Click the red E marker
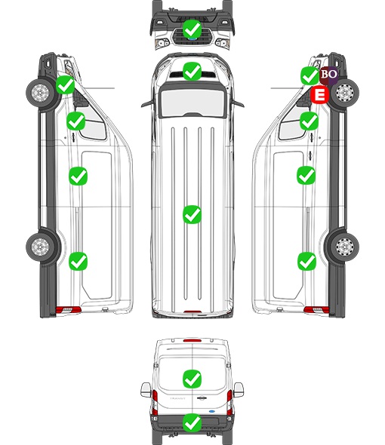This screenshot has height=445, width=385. [x=319, y=94]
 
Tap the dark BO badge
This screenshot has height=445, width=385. [x=328, y=75]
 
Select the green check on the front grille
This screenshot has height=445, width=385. [x=192, y=29]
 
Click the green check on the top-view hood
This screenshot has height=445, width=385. [x=192, y=71]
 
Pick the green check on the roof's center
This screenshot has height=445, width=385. [x=192, y=214]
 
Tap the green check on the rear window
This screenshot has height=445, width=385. [x=192, y=379]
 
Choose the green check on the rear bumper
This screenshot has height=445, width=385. [x=192, y=422]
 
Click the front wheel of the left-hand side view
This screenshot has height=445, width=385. [x=40, y=93]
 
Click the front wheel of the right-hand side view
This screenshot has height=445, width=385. [x=345, y=93]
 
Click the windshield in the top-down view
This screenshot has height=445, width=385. [x=192, y=101]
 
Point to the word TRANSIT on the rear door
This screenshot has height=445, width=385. [x=177, y=398]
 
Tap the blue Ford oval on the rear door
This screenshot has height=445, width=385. [x=212, y=411]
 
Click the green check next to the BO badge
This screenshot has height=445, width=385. [x=310, y=75]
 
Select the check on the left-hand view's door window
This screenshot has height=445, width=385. [x=75, y=121]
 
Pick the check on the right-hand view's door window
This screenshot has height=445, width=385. [x=310, y=121]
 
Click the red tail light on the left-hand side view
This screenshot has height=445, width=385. [x=68, y=310]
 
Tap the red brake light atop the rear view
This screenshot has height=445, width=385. [x=192, y=340]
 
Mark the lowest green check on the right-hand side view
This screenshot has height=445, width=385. [x=306, y=262]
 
